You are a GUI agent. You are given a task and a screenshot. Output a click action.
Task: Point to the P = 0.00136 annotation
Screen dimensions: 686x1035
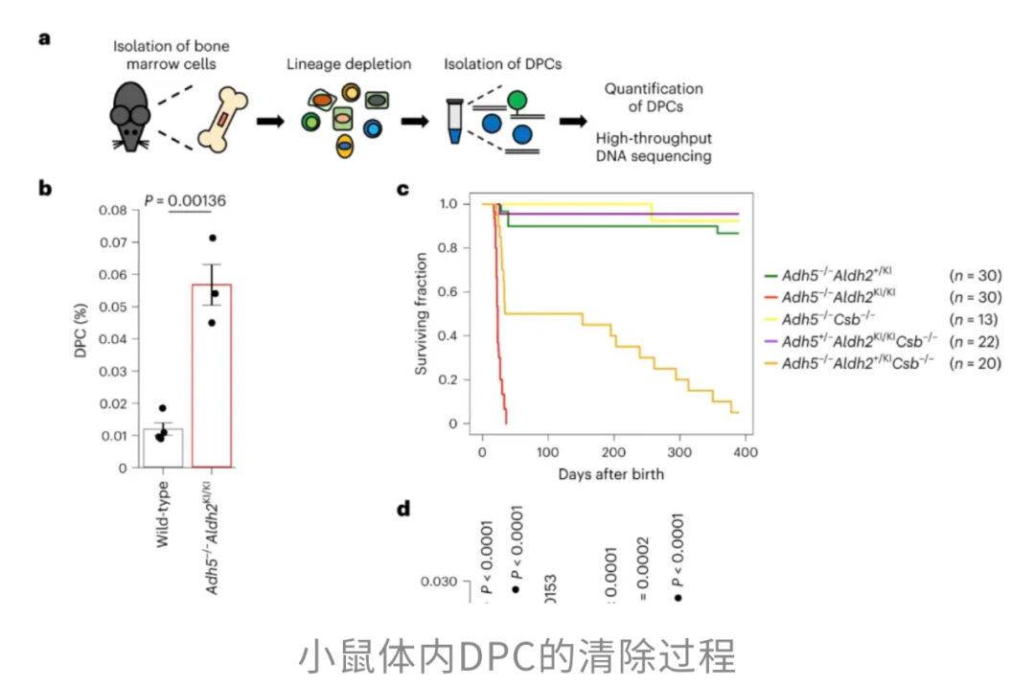click(x=186, y=199)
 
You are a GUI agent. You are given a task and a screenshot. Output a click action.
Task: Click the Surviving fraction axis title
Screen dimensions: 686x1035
click(x=421, y=314)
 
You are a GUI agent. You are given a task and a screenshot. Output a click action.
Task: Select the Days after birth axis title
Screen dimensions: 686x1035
click(x=611, y=473)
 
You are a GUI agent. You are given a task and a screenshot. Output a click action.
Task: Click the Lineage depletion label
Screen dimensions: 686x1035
click(x=349, y=65)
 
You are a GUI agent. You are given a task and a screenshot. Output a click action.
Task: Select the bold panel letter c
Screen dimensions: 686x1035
click(x=403, y=189)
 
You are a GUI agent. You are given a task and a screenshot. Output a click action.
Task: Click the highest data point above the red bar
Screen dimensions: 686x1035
click(x=213, y=238)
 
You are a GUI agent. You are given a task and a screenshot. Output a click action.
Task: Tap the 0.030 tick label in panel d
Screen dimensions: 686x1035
click(x=439, y=581)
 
